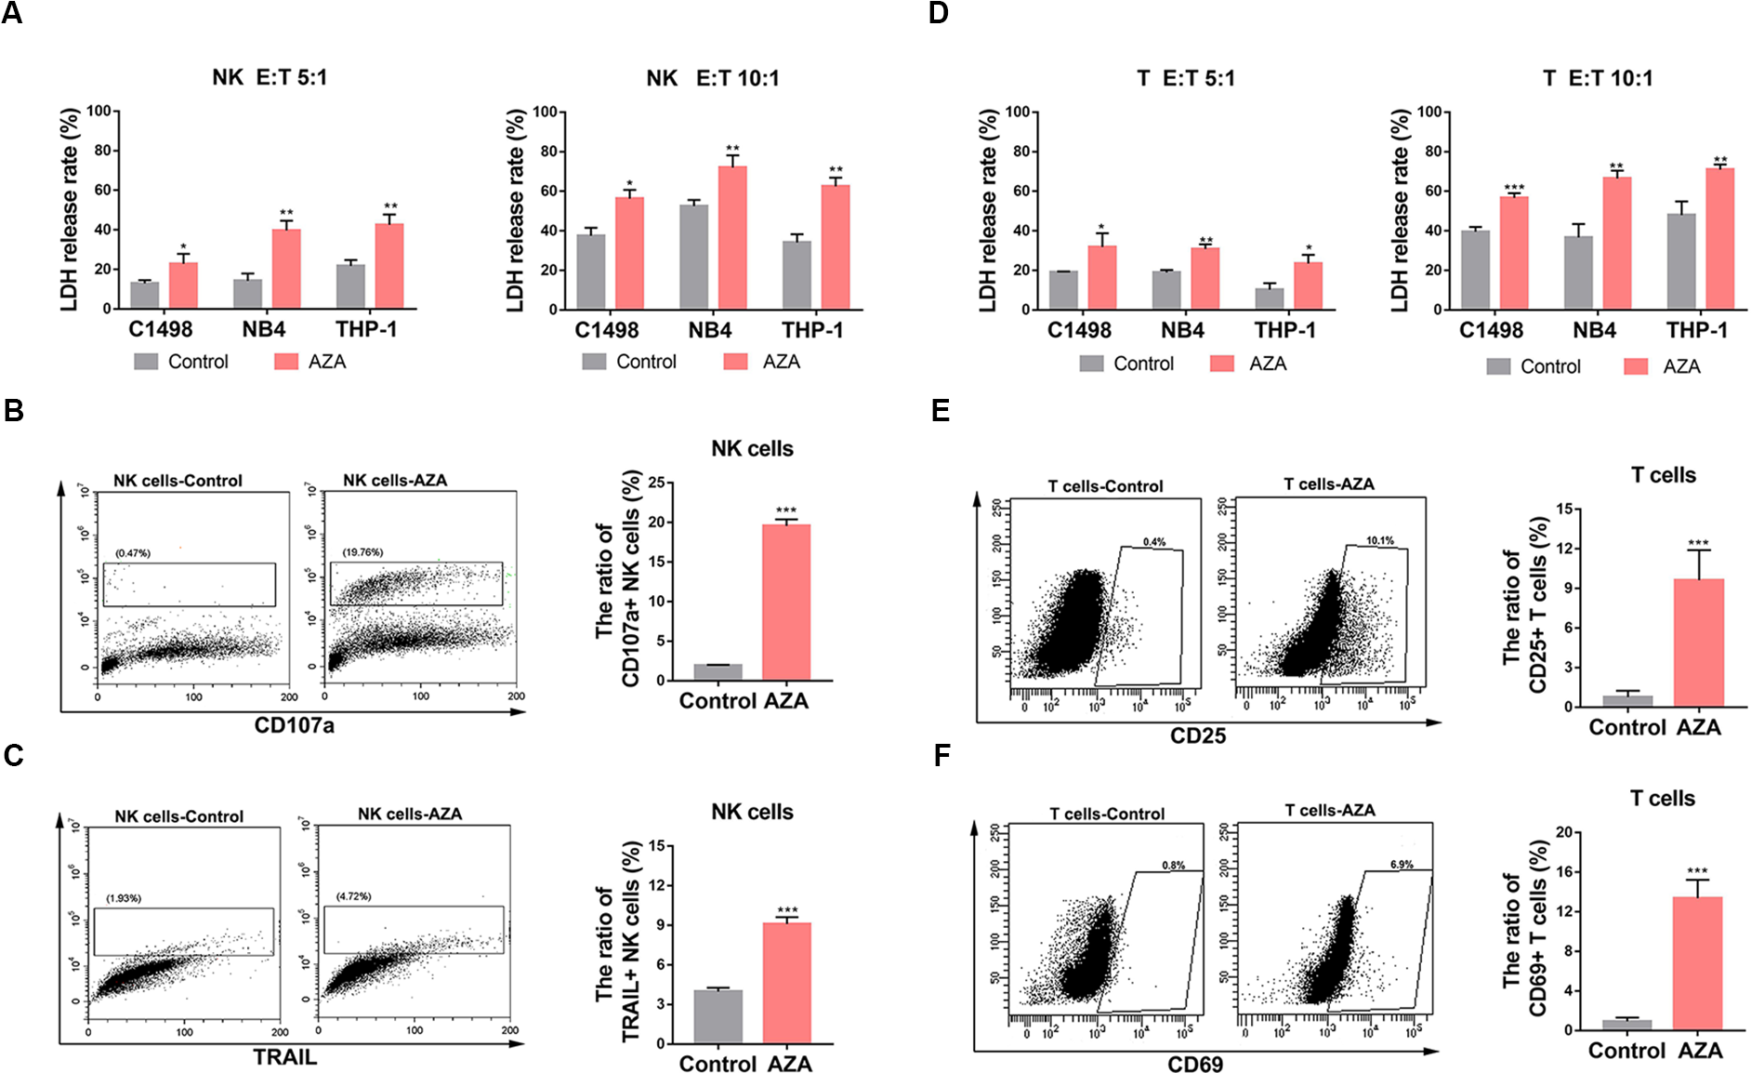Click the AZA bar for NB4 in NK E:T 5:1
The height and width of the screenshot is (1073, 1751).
(x=286, y=269)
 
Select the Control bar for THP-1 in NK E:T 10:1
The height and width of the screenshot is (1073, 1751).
(x=797, y=275)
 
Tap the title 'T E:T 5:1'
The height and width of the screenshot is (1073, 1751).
(x=1186, y=78)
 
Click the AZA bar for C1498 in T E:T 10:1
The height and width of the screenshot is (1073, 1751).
(x=1514, y=253)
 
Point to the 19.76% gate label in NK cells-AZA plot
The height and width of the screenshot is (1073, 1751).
(x=362, y=552)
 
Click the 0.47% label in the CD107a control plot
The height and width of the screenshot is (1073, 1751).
(x=133, y=553)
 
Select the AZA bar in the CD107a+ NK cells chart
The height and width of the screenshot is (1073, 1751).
(x=786, y=603)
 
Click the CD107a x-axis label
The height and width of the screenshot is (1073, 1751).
(x=294, y=725)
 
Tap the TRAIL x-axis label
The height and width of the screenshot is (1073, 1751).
(x=285, y=1057)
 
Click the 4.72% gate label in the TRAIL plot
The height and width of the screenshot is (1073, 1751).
(x=353, y=896)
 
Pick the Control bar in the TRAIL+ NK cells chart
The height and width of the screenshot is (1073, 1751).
(x=718, y=1016)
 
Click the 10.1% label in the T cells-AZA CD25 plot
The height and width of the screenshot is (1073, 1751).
(x=1380, y=540)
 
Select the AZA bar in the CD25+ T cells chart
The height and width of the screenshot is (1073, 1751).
(x=1699, y=642)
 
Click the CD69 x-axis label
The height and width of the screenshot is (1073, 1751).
(x=1195, y=1064)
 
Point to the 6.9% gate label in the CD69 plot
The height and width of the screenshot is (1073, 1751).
(x=1402, y=865)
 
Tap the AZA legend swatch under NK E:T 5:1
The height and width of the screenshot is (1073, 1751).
(x=286, y=362)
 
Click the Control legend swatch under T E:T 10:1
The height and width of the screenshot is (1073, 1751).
(x=1498, y=366)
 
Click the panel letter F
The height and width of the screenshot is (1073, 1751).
(x=941, y=756)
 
